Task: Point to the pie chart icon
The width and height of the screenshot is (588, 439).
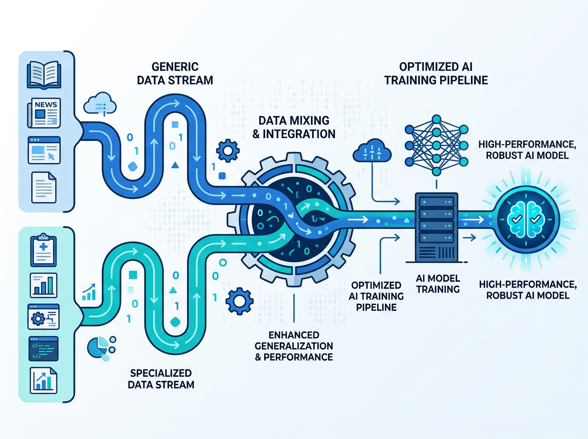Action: pos(98,346)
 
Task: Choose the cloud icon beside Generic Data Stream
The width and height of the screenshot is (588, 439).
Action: pos(99,104)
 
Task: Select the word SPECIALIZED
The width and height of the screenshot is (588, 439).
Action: pos(161,372)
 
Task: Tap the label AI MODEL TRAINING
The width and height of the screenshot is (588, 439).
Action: pos(437,283)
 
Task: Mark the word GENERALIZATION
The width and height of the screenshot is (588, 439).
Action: pos(294,346)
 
